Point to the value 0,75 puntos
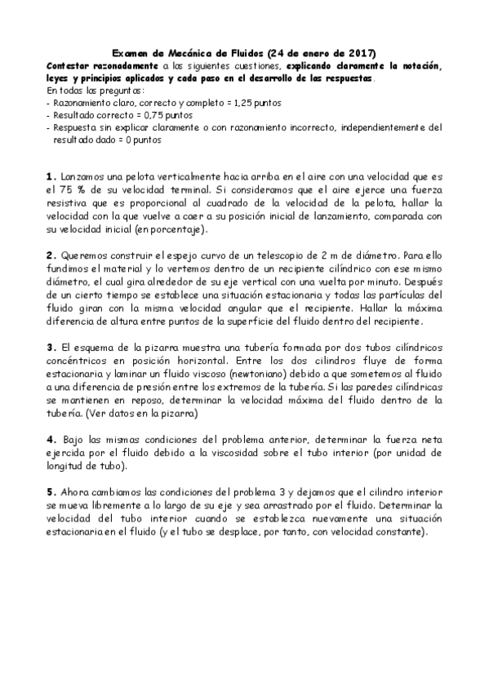click(x=151, y=115)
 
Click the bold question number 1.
click(x=51, y=175)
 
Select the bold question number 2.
click(x=51, y=255)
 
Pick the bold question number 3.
click(x=51, y=347)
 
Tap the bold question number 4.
click(x=51, y=439)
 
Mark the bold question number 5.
click(x=51, y=492)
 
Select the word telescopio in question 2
click(x=269, y=255)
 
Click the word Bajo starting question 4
click(x=75, y=439)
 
